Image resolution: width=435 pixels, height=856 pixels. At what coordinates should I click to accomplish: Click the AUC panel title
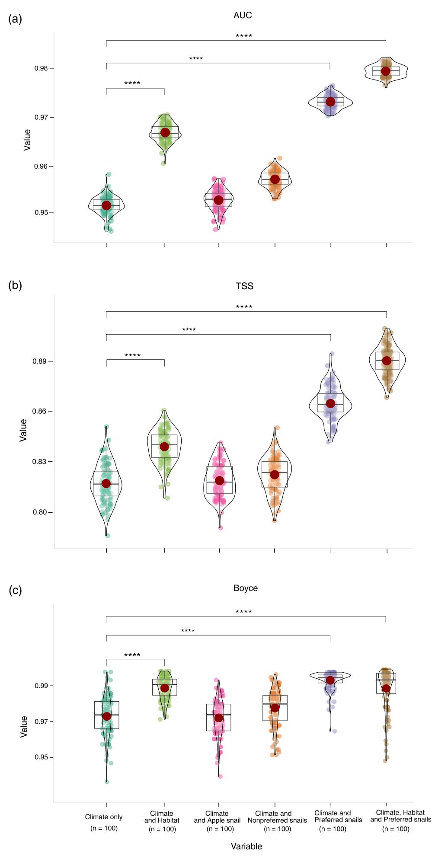point(242,16)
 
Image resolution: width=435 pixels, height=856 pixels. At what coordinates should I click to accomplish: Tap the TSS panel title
point(244,286)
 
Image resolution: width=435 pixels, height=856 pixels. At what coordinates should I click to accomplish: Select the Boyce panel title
point(245,588)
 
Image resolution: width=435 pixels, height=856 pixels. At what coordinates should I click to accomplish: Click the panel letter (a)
point(15,19)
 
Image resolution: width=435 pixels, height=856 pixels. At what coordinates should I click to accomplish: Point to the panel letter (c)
point(15,591)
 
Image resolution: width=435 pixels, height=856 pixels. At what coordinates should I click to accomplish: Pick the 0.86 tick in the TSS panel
point(41,411)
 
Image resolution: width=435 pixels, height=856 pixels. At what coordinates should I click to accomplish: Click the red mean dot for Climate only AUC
point(106,205)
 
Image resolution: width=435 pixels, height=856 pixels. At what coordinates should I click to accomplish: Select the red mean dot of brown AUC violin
point(386,71)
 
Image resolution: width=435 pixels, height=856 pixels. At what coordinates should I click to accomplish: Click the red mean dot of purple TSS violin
point(330,403)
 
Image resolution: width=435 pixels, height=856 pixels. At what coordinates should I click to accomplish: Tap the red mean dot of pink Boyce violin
point(219,718)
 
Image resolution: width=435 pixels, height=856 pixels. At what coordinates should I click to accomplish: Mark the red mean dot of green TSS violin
point(164,447)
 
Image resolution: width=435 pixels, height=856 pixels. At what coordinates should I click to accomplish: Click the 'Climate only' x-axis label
point(104,817)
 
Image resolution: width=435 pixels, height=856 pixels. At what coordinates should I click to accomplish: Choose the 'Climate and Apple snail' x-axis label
point(217,817)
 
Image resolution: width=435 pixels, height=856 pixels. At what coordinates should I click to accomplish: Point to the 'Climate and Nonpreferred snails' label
point(277,817)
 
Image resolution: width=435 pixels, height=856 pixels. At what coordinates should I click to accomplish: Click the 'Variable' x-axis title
point(246,846)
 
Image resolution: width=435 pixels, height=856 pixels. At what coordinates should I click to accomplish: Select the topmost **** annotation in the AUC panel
point(244,36)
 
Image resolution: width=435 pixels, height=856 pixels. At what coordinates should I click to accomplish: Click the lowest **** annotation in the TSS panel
point(132,356)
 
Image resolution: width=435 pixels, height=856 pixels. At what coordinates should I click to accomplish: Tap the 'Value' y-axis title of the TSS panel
point(23,430)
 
